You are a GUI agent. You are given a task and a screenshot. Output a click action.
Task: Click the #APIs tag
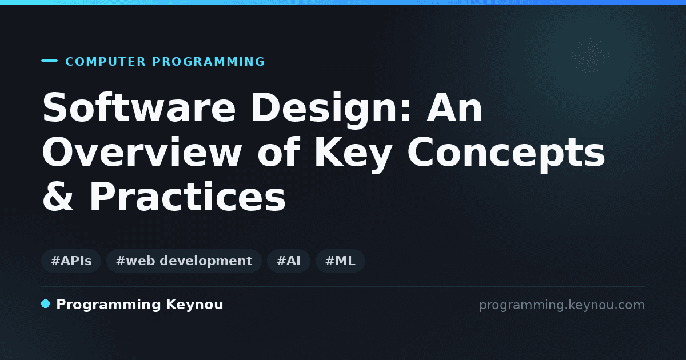71,261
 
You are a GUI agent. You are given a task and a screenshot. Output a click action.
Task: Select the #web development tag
184,261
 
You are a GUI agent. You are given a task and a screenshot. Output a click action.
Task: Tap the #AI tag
289,261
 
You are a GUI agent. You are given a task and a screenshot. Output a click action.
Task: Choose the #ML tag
340,261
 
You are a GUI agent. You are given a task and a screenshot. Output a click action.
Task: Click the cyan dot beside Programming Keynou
46,304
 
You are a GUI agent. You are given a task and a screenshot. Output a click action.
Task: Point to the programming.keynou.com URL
562,305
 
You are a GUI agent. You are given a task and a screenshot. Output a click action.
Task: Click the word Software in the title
139,108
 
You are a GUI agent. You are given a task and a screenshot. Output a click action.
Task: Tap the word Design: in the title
331,110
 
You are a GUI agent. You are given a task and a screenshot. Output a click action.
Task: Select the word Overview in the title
142,152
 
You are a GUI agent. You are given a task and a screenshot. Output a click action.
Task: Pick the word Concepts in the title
506,154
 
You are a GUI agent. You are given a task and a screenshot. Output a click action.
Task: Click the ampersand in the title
58,196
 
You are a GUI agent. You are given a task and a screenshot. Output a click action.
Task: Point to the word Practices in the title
188,196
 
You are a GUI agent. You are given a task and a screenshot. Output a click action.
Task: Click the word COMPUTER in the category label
105,62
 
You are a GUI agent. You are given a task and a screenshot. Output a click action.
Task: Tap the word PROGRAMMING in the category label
208,62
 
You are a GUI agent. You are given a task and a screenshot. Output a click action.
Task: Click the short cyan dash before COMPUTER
49,61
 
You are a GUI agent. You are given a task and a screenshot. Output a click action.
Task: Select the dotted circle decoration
590,55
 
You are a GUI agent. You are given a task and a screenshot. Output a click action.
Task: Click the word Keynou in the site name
194,305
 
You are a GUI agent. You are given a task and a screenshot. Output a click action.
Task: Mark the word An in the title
454,108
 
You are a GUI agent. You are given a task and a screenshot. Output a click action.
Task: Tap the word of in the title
278,152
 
